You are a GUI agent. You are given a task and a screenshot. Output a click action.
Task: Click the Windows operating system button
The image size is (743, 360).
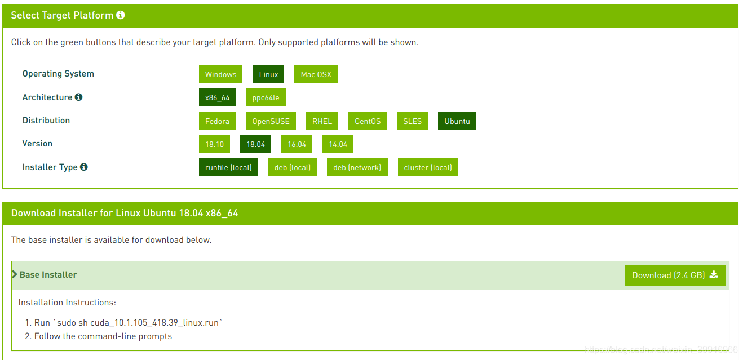[220, 74]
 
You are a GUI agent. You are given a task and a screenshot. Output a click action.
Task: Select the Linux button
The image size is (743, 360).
[268, 74]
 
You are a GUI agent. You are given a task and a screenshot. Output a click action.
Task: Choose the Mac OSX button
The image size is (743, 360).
[316, 74]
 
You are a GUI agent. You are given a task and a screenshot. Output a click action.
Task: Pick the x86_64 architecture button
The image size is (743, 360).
[217, 97]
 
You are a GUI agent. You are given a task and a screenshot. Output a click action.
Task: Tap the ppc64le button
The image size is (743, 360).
[266, 97]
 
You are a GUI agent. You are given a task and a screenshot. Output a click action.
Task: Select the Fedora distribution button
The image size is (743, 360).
[217, 121]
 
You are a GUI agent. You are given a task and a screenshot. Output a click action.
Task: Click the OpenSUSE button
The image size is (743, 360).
[271, 121]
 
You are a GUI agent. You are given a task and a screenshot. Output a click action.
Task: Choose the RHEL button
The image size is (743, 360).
[322, 121]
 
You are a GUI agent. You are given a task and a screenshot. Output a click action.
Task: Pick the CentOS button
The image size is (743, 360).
[368, 121]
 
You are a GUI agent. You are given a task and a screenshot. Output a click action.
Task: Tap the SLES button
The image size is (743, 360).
[412, 121]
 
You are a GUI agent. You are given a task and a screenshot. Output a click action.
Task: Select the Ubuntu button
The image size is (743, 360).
[457, 121]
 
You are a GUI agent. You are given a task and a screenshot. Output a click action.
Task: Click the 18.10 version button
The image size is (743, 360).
[214, 144]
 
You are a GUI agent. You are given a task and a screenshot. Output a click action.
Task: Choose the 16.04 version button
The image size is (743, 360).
[297, 144]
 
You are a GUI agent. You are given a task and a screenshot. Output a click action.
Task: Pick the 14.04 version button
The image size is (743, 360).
[338, 144]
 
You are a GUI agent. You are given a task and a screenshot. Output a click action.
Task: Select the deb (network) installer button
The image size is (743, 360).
[357, 167]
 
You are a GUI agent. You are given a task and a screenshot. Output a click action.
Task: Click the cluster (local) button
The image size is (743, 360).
[428, 167]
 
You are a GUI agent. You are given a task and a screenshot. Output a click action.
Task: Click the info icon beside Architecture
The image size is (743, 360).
[78, 97]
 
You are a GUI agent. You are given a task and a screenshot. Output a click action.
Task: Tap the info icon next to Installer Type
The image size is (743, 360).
[84, 167]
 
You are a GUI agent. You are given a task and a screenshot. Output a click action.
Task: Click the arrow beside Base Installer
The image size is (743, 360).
[15, 274]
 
